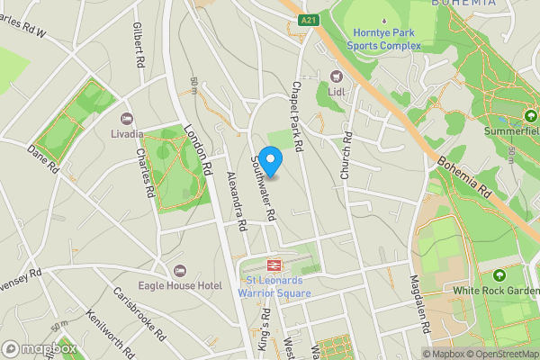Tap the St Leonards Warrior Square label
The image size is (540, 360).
point(279,287)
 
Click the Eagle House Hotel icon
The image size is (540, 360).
point(179,271)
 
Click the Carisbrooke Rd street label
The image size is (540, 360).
point(138,312)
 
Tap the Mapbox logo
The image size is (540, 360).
point(39,347)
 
